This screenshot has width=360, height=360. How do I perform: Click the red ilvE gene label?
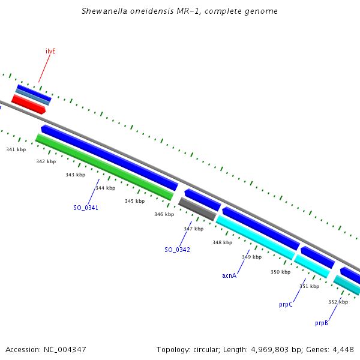pyautogui.click(x=50, y=52)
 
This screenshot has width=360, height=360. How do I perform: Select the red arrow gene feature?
pyautogui.click(x=28, y=104)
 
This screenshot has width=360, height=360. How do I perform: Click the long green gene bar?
pyautogui.click(x=104, y=167)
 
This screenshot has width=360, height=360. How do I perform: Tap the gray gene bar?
pyautogui.click(x=197, y=208)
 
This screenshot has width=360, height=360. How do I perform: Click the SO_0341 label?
pyautogui.click(x=86, y=208)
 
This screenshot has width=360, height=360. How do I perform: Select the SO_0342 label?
pyautogui.click(x=177, y=250)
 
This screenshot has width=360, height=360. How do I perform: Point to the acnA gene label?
pyautogui.click(x=229, y=275)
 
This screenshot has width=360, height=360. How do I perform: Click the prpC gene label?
pyautogui.click(x=286, y=305)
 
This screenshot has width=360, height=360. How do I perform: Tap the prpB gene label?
pyautogui.click(x=322, y=323)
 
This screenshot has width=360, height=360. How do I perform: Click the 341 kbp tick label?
pyautogui.click(x=16, y=149)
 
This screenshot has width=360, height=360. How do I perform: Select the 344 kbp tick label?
pyautogui.click(x=105, y=188)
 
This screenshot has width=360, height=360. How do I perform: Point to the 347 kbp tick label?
pyautogui.click(x=193, y=229)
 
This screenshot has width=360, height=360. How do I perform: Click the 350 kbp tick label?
pyautogui.click(x=280, y=272)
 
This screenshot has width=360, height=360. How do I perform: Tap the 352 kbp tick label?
pyautogui.click(x=338, y=302)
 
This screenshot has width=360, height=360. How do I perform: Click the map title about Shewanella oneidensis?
pyautogui.click(x=179, y=11)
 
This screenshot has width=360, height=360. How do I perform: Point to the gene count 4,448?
pyautogui.click(x=343, y=349)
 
